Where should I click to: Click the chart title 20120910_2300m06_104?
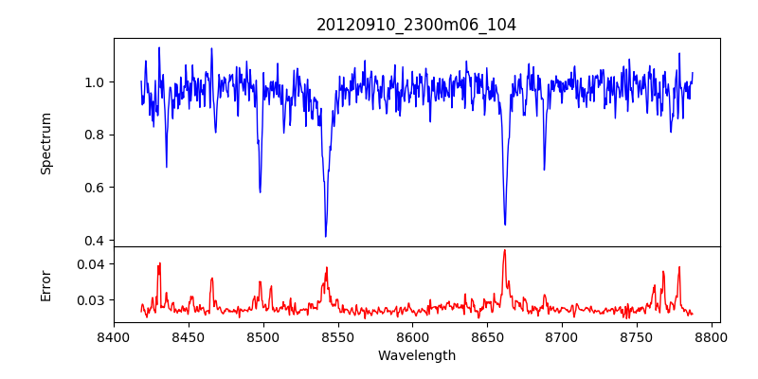pos(416,25)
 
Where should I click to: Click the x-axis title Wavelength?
pos(416,355)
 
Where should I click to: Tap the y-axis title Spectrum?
pos(45,143)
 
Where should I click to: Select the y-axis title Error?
pos(45,284)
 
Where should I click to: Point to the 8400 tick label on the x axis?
pos(114,335)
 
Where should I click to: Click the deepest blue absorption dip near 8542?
pos(325,236)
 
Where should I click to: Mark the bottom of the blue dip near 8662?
pos(505,225)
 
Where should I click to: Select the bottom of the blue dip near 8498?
pos(260,192)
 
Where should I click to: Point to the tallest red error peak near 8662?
pos(504,250)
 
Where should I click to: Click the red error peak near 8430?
pos(160,263)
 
